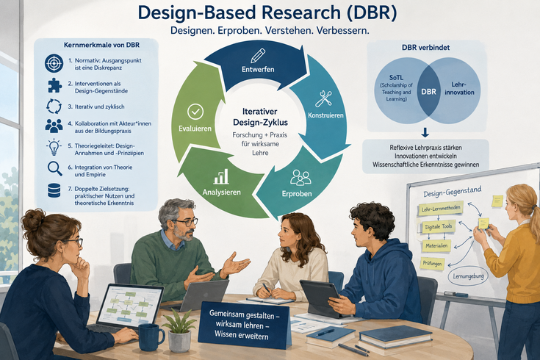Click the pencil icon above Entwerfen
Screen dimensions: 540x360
258,55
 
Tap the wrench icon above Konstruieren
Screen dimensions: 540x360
324,98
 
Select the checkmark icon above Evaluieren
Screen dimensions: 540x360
195,112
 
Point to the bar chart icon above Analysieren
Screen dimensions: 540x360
220,176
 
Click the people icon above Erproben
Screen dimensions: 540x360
300,178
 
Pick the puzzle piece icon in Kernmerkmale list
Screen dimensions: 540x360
55,85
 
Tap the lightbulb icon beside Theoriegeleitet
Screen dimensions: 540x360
54,147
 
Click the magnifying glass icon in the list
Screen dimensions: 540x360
55,169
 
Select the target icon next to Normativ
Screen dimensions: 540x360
54,63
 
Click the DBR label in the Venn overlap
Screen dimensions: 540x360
428,92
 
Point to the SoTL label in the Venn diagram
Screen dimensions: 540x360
396,78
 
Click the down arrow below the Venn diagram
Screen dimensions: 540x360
425,133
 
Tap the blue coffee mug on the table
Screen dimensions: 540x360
151,337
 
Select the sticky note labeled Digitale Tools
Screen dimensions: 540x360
439,227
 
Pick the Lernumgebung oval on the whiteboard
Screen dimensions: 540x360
469,276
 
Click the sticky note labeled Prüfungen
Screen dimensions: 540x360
432,264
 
